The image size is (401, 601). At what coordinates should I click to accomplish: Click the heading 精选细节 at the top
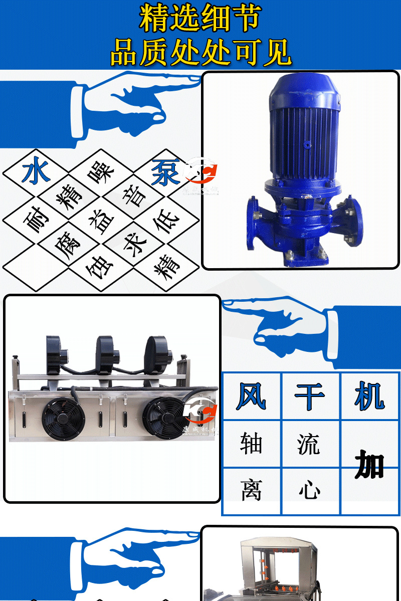click(x=200, y=19)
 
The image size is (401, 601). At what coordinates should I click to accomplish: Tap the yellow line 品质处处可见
click(x=200, y=52)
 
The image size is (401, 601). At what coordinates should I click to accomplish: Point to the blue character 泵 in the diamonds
click(x=165, y=172)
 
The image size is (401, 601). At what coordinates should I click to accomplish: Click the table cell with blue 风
click(x=251, y=396)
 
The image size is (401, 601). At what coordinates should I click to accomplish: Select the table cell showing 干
click(x=310, y=396)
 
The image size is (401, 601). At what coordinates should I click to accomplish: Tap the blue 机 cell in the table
click(x=370, y=396)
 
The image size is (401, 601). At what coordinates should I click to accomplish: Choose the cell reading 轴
click(x=251, y=444)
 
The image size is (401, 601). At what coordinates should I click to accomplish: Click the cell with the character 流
click(x=310, y=444)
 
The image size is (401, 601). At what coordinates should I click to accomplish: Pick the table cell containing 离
click(x=251, y=490)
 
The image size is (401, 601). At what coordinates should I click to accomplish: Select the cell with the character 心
click(x=310, y=490)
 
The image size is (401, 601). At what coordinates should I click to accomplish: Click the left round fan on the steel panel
click(x=63, y=419)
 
